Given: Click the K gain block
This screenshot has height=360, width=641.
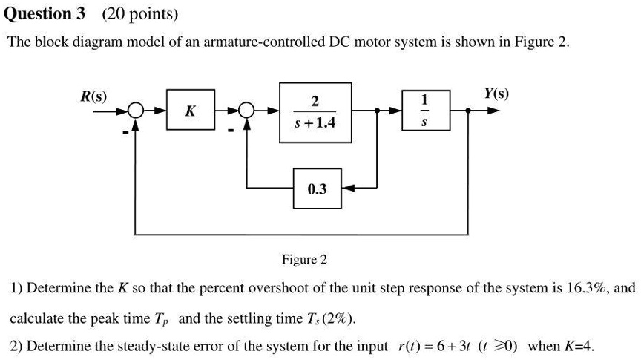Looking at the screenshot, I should point(191,111).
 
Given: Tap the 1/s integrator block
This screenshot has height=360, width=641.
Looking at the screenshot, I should point(424,111).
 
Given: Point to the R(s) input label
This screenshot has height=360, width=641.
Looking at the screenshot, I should point(93,96).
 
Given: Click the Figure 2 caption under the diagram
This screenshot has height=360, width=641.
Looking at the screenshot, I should point(304,260).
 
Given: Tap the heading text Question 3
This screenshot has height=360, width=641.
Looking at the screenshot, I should point(46,13).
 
